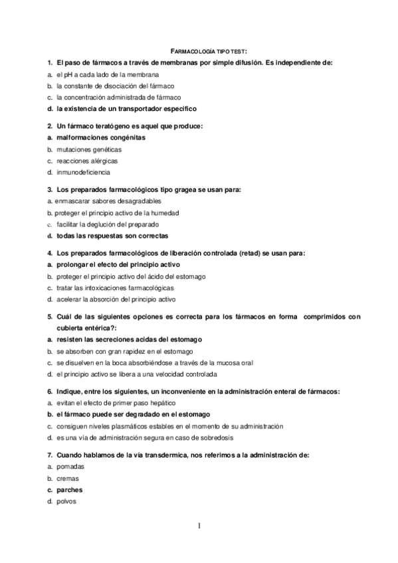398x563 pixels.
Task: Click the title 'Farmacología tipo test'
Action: coord(209,50)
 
